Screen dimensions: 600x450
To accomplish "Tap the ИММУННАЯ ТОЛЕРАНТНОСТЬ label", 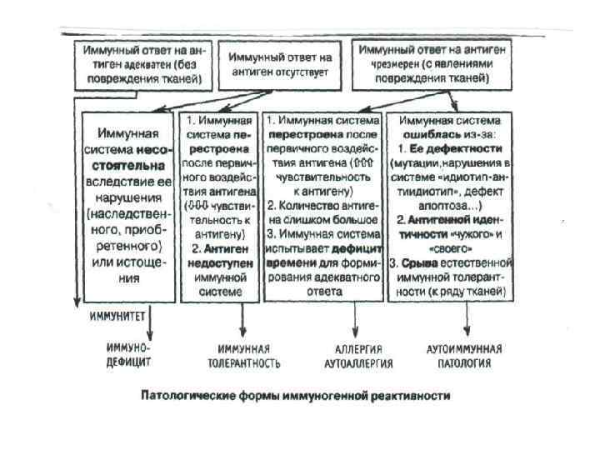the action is [243, 355].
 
